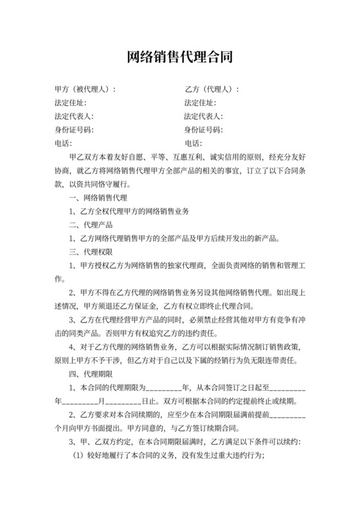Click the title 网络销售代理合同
[x=180, y=57]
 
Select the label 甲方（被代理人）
[x=84, y=89]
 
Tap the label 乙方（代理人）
[x=210, y=89]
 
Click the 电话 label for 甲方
[x=63, y=143]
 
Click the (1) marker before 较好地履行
[x=76, y=455]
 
